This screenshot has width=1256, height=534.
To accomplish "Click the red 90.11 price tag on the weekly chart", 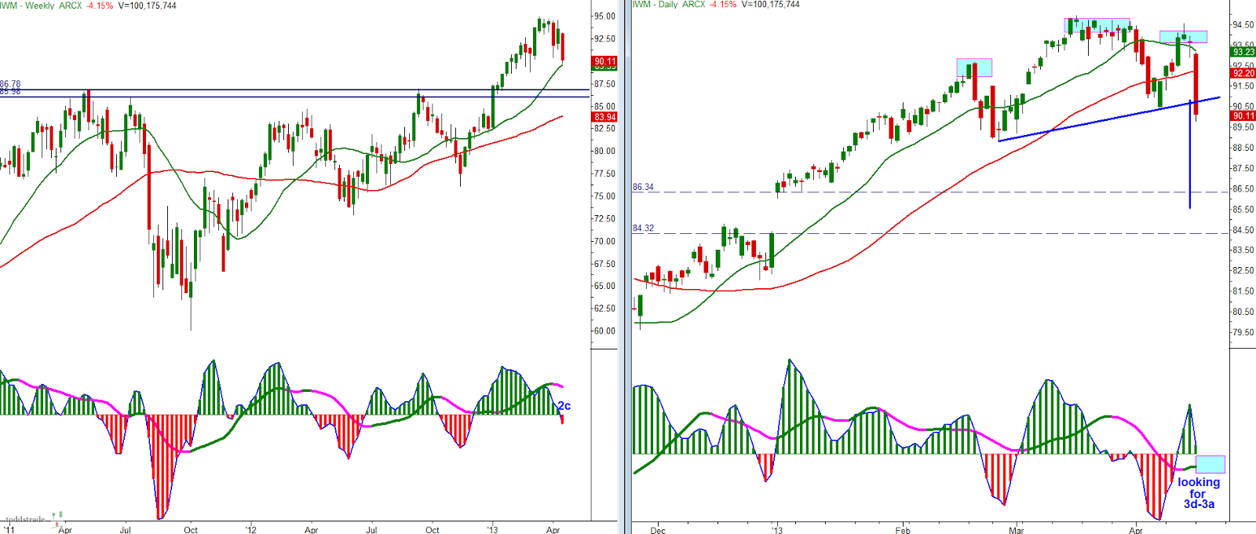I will pos(605,61).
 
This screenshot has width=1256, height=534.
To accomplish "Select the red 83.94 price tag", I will pos(605,117).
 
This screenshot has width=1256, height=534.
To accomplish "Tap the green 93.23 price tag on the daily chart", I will pos(1243,52).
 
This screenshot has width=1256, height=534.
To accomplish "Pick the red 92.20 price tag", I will pos(1243,73).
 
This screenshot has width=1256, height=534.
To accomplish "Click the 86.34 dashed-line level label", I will pos(643,187).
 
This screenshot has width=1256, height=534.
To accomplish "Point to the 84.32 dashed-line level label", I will pos(643,229).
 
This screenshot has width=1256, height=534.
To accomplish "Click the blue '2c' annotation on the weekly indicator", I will pos(564,406).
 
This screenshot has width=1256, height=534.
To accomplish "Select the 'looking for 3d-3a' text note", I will pos(1199,493).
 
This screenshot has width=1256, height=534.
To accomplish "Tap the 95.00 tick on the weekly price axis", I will pos(604,16).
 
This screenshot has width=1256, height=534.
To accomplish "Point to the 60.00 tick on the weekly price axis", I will pos(604,331).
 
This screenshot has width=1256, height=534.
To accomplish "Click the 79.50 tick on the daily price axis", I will pos(1243,332).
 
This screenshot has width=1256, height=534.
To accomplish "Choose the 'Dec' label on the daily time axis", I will pos(658,530).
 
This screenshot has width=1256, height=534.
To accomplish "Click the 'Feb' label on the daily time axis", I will pos(903,530).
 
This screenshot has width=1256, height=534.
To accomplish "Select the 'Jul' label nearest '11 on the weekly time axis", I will pos(126,530).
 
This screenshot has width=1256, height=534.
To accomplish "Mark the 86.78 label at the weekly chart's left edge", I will pos(10,84).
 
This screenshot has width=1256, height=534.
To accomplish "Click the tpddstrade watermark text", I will pos(25,519).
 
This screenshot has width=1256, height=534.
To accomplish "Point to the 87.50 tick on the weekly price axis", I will pos(604,84).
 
